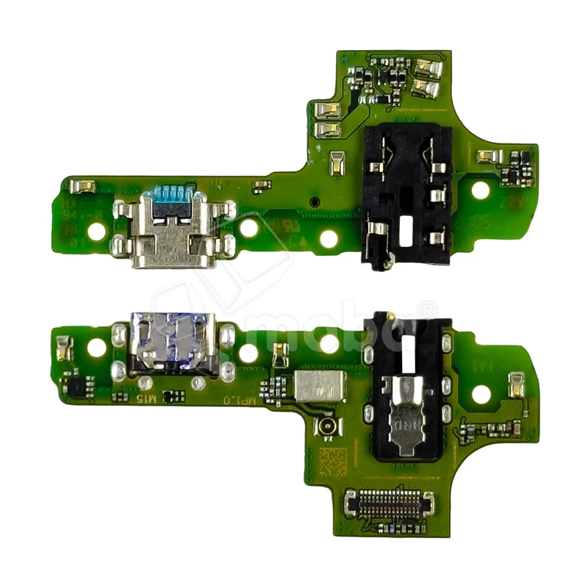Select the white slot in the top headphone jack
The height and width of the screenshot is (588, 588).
406,231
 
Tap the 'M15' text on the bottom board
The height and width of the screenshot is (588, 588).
148,398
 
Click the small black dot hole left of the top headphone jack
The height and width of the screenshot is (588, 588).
314,201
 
